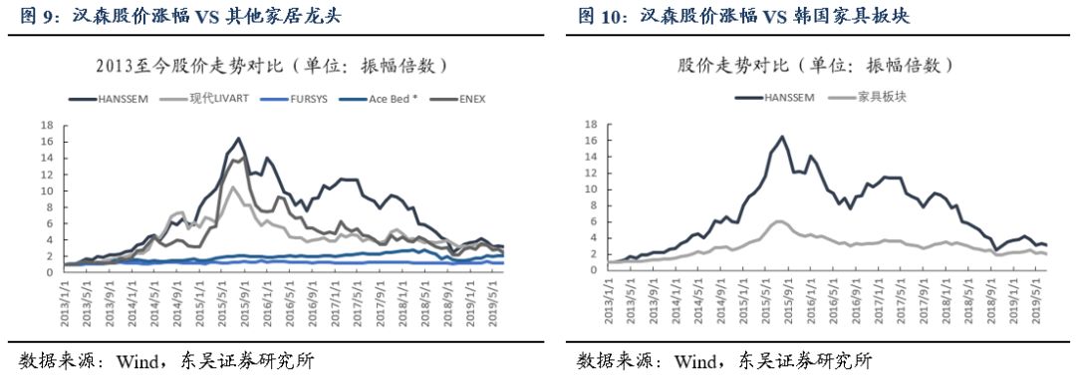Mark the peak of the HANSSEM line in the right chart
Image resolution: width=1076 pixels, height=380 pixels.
coord(782,137)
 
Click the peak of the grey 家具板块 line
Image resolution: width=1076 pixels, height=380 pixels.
coord(780,220)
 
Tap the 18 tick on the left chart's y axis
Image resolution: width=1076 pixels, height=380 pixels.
coord(45,126)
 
